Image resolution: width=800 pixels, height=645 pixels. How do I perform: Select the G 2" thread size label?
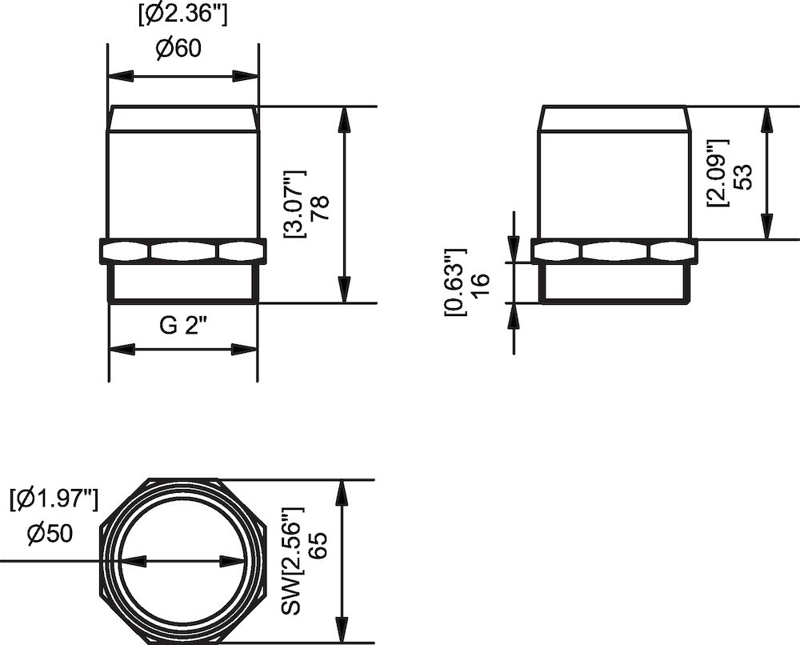pyautogui.click(x=183, y=327)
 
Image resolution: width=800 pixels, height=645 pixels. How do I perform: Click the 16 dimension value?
pyautogui.click(x=481, y=282)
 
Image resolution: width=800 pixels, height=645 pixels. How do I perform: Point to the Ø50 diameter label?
pyautogui.click(x=49, y=535)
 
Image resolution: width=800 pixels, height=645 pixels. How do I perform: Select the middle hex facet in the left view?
pyautogui.click(x=183, y=251)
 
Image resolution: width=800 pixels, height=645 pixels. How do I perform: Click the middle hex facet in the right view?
pyautogui.click(x=614, y=251)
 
